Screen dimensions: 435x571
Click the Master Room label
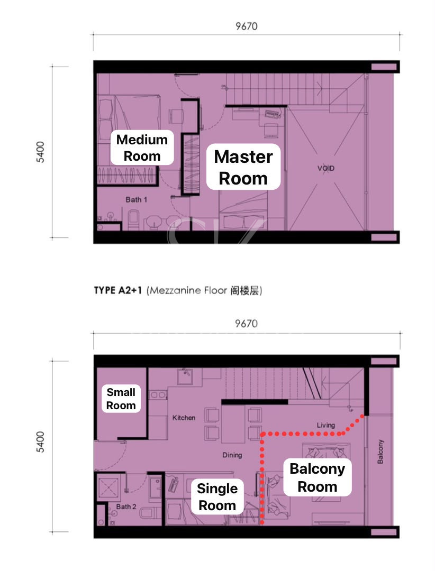click(243, 167)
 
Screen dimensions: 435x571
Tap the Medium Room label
click(142, 148)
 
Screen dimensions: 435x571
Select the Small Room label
click(121, 399)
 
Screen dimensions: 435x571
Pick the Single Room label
click(217, 496)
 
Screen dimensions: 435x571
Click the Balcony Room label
click(317, 477)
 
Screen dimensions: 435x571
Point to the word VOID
click(325, 168)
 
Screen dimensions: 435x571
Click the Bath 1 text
click(137, 199)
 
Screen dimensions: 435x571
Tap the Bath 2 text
click(126, 506)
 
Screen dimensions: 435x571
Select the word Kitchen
click(184, 418)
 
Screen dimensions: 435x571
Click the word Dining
click(232, 455)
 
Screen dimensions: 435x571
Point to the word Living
click(325, 425)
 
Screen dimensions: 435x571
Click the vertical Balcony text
click(380, 452)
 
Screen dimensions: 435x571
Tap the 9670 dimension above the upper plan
click(247, 26)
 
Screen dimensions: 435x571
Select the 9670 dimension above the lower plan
click(246, 324)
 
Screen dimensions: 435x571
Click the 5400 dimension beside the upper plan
click(40, 152)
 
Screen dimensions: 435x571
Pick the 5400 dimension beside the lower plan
click(40, 441)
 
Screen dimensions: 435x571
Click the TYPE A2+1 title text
click(117, 290)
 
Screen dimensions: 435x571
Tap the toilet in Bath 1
click(133, 219)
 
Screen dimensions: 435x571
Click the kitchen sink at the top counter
click(185, 376)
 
